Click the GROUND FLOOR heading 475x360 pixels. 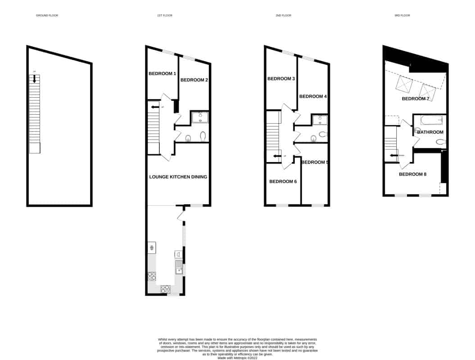click(x=47, y=16)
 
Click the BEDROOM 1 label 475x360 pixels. click(x=162, y=73)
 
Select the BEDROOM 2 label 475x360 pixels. click(x=194, y=80)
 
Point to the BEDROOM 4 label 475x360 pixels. click(x=312, y=96)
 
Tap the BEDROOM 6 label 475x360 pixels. click(x=283, y=182)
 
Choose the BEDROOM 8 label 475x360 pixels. click(x=412, y=174)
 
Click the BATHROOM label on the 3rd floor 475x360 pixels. click(x=430, y=132)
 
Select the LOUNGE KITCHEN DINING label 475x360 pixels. click(x=178, y=177)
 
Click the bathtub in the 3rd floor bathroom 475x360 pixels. click(x=431, y=120)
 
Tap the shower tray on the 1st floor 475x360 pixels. click(x=200, y=117)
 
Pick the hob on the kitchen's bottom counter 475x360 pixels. click(x=166, y=288)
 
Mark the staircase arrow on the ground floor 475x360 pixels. click(x=34, y=78)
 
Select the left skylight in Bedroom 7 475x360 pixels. click(x=404, y=84)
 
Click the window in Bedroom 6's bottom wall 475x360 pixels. click(x=282, y=206)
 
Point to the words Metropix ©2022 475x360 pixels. click(x=243, y=358)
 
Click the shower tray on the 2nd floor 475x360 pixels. click(x=320, y=120)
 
